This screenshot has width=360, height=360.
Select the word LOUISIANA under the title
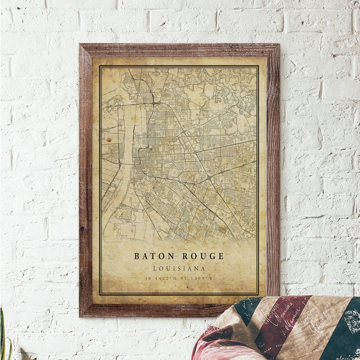tap(179, 268)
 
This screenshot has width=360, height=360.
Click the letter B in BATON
tap(136, 256)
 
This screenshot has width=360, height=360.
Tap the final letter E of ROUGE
tap(221, 256)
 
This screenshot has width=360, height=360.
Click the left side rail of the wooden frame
tap(85, 181)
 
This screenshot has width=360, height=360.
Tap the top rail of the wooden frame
tap(179, 49)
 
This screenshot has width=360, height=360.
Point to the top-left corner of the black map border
tap(100, 67)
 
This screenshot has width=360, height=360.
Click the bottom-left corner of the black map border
tap(100, 294)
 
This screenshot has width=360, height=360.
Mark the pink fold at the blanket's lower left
tap(213, 347)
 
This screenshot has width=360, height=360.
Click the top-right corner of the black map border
tap(258, 67)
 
